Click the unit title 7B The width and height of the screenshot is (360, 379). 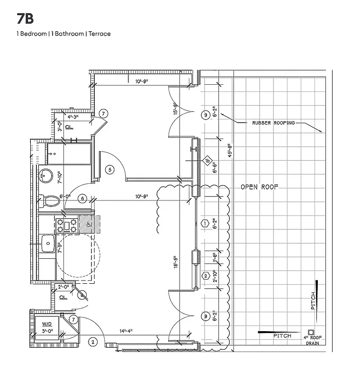pyautogui.click(x=25, y=19)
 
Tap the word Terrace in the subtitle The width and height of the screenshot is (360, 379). pyautogui.click(x=100, y=34)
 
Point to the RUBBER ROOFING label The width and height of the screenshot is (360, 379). pyautogui.click(x=273, y=123)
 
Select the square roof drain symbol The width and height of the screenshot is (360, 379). pyautogui.click(x=311, y=332)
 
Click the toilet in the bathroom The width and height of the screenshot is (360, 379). pyautogui.click(x=50, y=202)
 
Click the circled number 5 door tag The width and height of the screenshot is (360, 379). pyautogui.click(x=109, y=169)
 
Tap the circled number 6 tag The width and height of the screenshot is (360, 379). pyautogui.click(x=82, y=199)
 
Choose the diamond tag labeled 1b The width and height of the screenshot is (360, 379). pyautogui.click(x=207, y=161)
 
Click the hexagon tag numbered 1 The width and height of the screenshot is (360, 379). pyautogui.click(x=206, y=223)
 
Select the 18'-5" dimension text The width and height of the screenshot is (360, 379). pyautogui.click(x=175, y=262)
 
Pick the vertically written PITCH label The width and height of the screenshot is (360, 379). pyautogui.click(x=313, y=301)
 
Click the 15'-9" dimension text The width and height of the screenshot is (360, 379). pyautogui.click(x=175, y=109)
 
